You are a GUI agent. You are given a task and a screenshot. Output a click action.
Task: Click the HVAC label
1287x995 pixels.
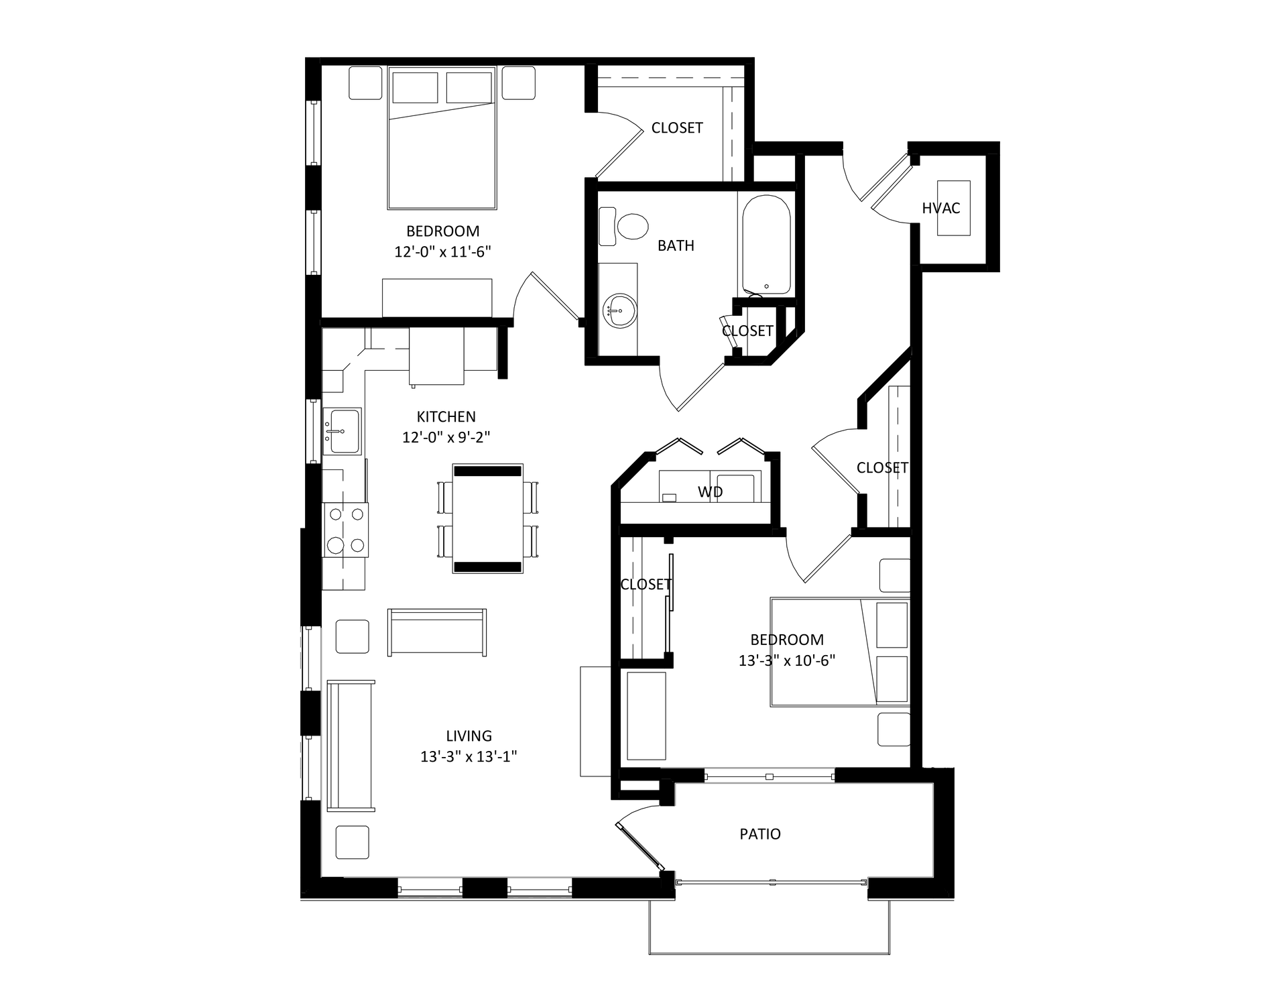point(940,208)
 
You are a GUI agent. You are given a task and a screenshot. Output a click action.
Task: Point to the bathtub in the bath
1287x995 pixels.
point(766,244)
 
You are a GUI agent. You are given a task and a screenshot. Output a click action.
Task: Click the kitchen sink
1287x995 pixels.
point(342,431)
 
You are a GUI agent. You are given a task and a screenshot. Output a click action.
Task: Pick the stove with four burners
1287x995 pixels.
point(346,530)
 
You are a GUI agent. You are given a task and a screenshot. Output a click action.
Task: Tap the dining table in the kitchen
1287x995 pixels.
point(488,518)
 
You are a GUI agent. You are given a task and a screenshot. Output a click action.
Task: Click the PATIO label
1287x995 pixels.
point(760,834)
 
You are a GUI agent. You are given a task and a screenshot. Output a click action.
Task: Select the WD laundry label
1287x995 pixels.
point(711,492)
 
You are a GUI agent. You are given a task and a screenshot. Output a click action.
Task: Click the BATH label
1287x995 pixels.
point(676,245)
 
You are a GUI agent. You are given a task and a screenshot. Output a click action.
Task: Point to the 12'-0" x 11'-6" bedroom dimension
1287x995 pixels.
point(443,252)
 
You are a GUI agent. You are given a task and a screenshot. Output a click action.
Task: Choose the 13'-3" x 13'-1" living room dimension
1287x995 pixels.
point(469,757)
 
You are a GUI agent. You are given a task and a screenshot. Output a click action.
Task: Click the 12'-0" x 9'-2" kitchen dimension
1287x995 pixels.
point(446,437)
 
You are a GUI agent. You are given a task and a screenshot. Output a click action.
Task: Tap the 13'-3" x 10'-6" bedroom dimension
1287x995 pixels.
point(787,660)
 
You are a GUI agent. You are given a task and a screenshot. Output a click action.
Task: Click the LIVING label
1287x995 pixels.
point(469,736)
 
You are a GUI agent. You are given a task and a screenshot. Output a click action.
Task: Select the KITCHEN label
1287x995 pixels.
point(446,416)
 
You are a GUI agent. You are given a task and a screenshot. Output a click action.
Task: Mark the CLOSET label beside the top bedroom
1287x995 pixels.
point(677,127)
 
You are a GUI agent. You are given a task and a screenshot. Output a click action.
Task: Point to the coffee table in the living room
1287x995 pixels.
point(437,632)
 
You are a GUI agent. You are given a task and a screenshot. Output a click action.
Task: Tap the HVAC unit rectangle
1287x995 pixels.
point(953,208)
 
